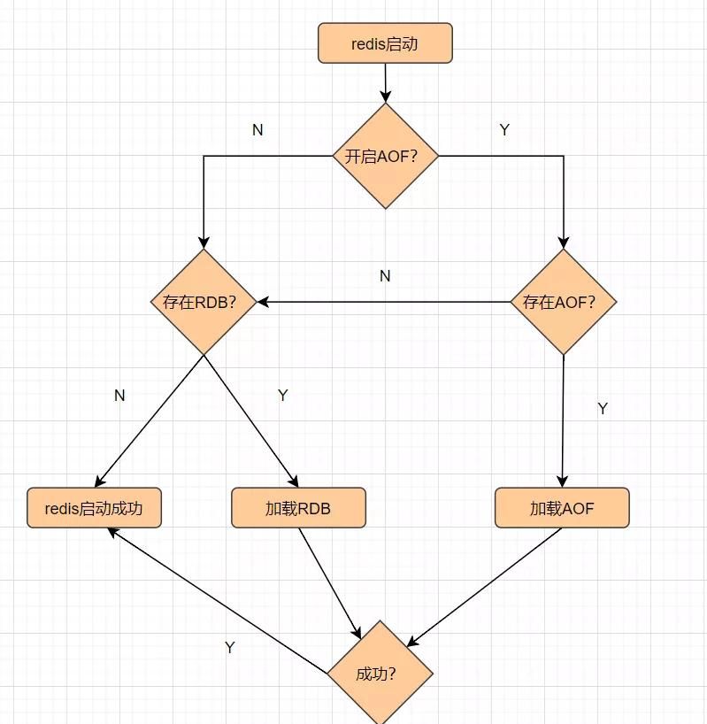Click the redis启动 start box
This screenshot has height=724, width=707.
coord(385,43)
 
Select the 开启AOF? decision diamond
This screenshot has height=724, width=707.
coord(385,157)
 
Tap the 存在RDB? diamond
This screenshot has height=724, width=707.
coord(204,302)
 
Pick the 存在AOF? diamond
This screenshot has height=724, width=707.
coord(563,302)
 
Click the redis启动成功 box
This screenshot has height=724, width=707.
coord(94,508)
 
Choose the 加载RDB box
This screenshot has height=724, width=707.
coord(298,508)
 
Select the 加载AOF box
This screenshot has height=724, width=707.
coord(562,508)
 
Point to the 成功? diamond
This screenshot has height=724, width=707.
coord(380,674)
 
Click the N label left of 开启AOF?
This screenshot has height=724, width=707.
coord(257,130)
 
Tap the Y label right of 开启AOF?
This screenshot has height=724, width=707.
coord(504,130)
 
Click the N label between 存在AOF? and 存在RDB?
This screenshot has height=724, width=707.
coord(385,276)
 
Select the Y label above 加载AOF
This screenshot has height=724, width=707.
coord(603,408)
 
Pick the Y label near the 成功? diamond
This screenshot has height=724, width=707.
coord(230,647)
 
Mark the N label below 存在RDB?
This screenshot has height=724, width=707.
coord(119,396)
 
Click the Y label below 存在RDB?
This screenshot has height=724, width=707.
coord(282,396)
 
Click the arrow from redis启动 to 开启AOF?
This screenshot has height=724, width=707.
coord(385,82)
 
